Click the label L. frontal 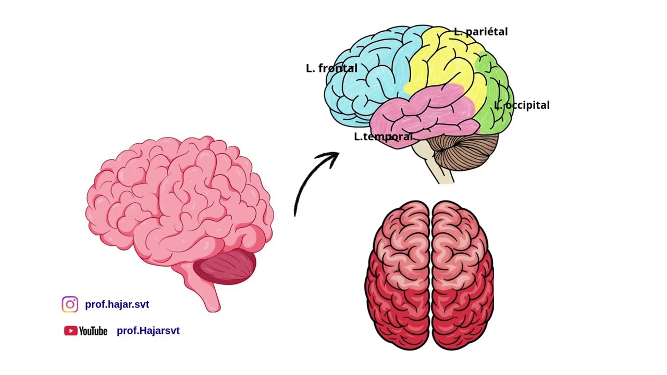[x=331, y=68]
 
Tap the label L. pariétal [x=481, y=32]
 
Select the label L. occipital [x=522, y=105]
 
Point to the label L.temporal [x=383, y=136]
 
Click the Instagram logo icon [x=70, y=304]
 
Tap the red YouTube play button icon [x=70, y=331]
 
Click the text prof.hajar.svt [x=117, y=305]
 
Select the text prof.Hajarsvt [x=148, y=331]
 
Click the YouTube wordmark [x=93, y=331]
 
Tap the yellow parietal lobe [x=447, y=63]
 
